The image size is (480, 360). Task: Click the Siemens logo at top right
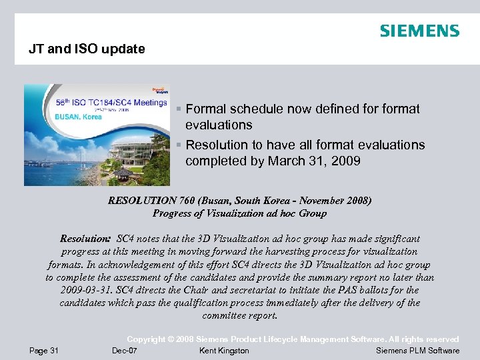(419, 31)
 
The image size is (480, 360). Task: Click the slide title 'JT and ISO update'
(87, 49)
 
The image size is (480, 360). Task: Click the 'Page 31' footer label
(44, 351)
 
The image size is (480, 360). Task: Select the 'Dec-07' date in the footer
(125, 351)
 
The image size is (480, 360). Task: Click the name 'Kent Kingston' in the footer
(224, 351)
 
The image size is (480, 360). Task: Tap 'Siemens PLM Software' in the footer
(418, 351)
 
